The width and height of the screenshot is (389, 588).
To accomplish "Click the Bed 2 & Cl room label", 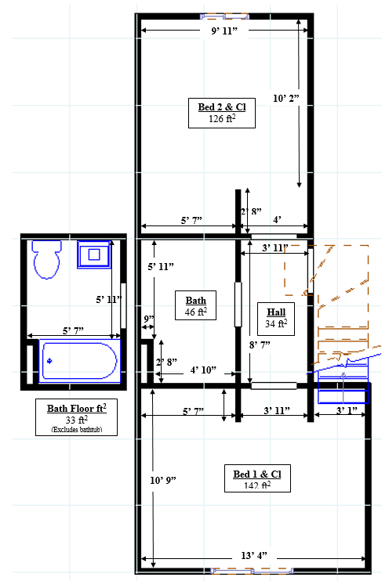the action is pos(221,113).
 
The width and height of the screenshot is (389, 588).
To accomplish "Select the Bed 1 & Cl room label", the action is pos(257,478).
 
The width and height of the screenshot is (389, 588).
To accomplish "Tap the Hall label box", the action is pos(276,319).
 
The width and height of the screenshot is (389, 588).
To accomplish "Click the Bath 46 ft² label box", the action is pos(195,305).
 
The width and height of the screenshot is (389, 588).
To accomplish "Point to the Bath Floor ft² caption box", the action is pos(76,417).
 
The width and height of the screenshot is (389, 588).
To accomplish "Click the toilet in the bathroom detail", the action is pos(47,259).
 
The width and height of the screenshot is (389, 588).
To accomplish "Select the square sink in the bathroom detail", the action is pos(94,254).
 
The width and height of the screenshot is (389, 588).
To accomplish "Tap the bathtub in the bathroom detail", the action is pos(79,361).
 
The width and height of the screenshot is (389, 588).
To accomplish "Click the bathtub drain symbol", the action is pos(49,361).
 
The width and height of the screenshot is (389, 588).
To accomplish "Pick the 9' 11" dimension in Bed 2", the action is pos(224,31).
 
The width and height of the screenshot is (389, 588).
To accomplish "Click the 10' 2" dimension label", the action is pos(286,99).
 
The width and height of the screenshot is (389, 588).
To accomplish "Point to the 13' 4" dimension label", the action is pos(254,555).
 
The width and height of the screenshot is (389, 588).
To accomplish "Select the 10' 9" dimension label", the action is pos(163,481).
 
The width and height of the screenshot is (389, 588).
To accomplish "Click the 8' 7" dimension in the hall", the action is pos(260,345).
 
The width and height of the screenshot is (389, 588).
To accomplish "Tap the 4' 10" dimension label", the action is pos(203,370).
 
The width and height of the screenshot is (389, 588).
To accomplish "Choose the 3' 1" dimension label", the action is pos(347,410).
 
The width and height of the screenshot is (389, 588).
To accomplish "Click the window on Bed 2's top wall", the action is pos(224,16).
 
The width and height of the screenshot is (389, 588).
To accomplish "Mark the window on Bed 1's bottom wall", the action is pos(252,571).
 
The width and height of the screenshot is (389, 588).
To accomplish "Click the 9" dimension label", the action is pos(149,319).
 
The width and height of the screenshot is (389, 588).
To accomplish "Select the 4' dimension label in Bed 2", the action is pos(277,220).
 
